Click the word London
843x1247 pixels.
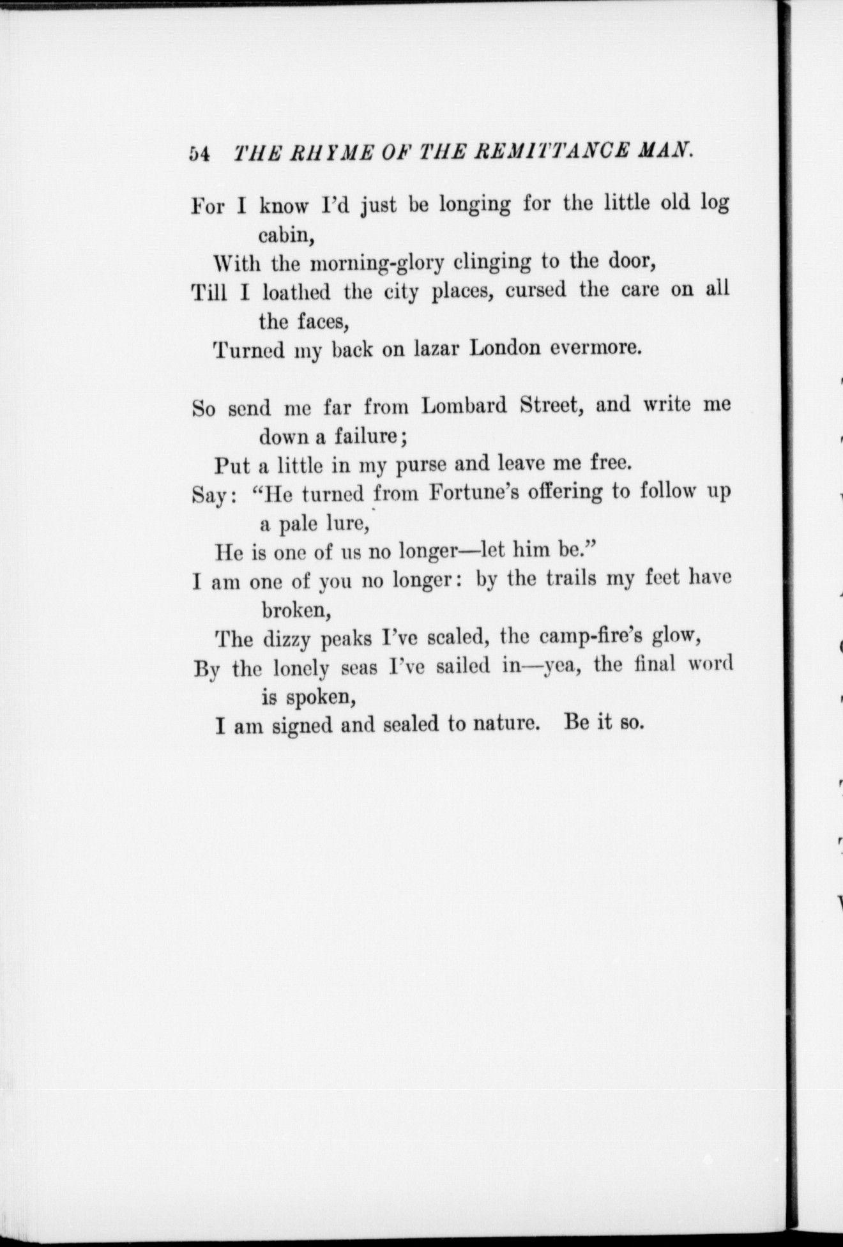click(505, 348)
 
